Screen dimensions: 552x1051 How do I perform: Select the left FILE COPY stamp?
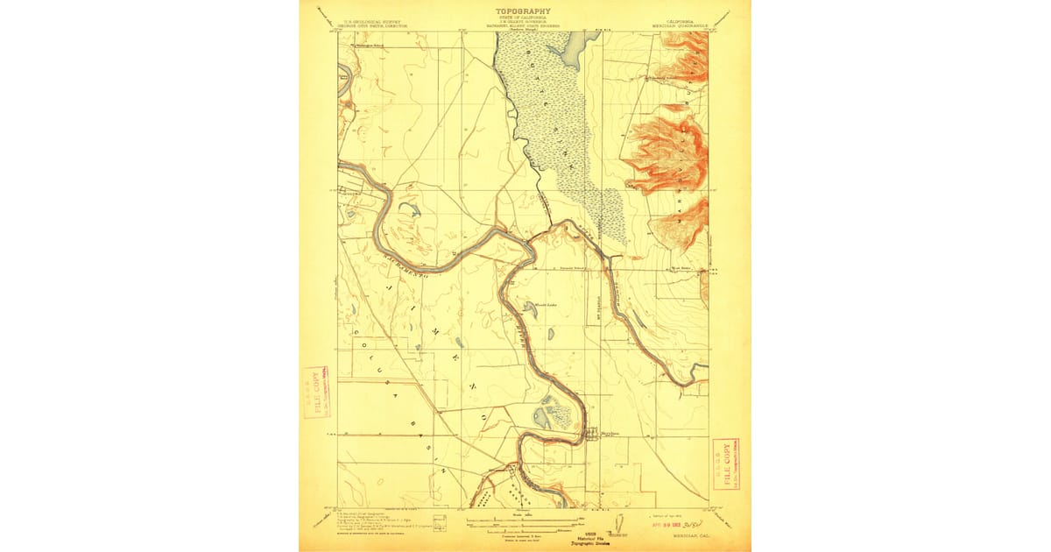[x=313, y=392]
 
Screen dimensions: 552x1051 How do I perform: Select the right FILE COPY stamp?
[x=724, y=463]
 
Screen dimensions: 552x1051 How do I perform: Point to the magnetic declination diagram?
[x=618, y=523]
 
